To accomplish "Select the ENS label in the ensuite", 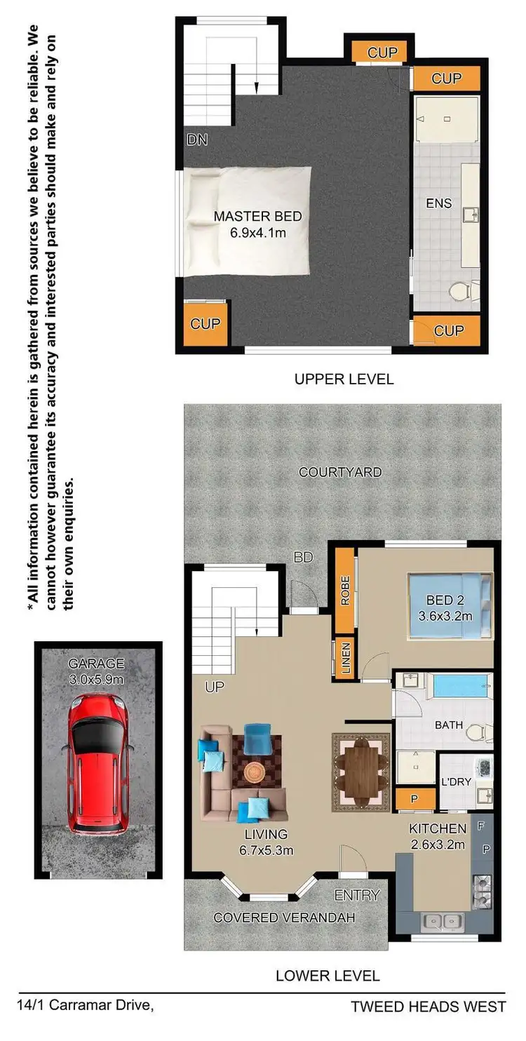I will coord(439,203).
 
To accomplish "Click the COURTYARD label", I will coord(340,472).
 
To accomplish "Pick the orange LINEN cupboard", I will coord(344,659).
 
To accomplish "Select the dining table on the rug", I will coord(361,772).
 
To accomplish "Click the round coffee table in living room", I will coord(255,772).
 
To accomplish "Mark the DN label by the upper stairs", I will coord(197,140).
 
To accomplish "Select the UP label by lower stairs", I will coord(215,687).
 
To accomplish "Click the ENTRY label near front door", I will coord(356,895).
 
